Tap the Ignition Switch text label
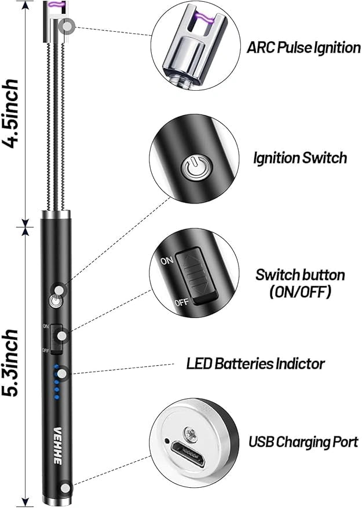[300, 157]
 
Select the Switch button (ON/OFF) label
[300, 283]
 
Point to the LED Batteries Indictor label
[255, 364]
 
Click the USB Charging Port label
[304, 443]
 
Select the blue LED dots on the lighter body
[56, 382]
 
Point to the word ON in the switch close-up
[166, 261]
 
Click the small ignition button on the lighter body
[56, 301]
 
